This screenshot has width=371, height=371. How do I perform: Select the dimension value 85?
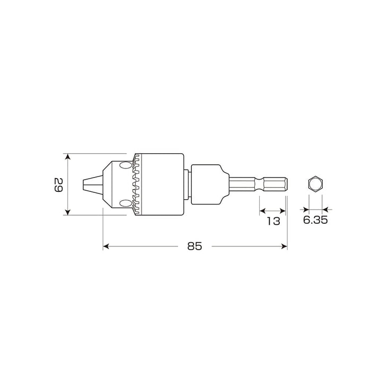click(195, 246)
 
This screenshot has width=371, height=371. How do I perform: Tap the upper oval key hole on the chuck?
click(126, 165)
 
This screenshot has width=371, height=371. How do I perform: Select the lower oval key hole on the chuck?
click(126, 204)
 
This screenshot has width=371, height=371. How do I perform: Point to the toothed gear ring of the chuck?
click(138, 184)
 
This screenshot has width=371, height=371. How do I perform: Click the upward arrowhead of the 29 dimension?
click(67, 157)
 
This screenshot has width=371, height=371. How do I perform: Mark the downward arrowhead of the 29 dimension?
click(67, 212)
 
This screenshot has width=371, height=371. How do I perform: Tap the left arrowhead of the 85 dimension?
click(105, 246)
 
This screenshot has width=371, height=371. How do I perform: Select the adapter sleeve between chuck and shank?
click(208, 184)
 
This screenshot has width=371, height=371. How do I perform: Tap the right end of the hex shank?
click(286, 184)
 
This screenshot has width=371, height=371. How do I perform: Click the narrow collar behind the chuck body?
click(187, 184)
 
